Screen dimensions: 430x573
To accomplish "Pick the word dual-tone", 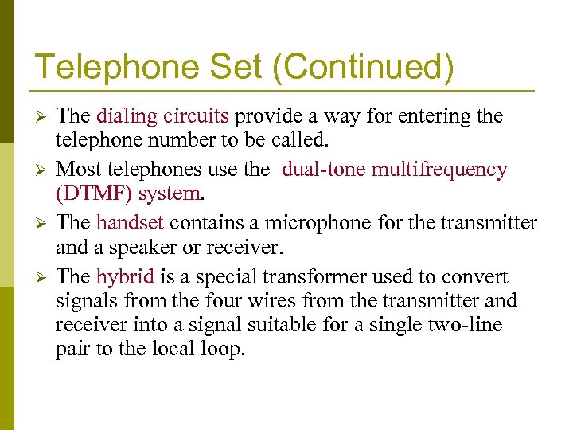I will click(x=322, y=170).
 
